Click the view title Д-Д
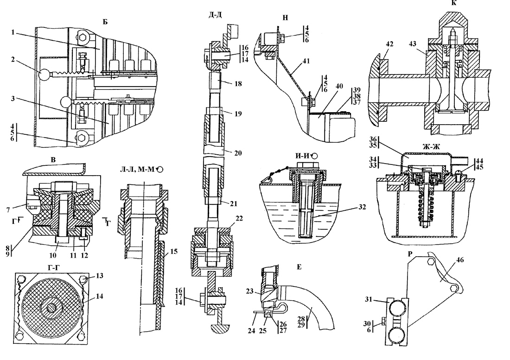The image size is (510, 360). click(x=215, y=15)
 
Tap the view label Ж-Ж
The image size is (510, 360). click(x=431, y=147)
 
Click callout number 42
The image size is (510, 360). click(x=389, y=44)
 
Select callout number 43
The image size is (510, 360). click(x=413, y=44)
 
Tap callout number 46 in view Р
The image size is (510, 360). click(x=460, y=260)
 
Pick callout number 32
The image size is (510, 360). click(x=362, y=207)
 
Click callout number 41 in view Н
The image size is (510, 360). click(x=306, y=61)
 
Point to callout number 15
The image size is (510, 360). click(x=174, y=251)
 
